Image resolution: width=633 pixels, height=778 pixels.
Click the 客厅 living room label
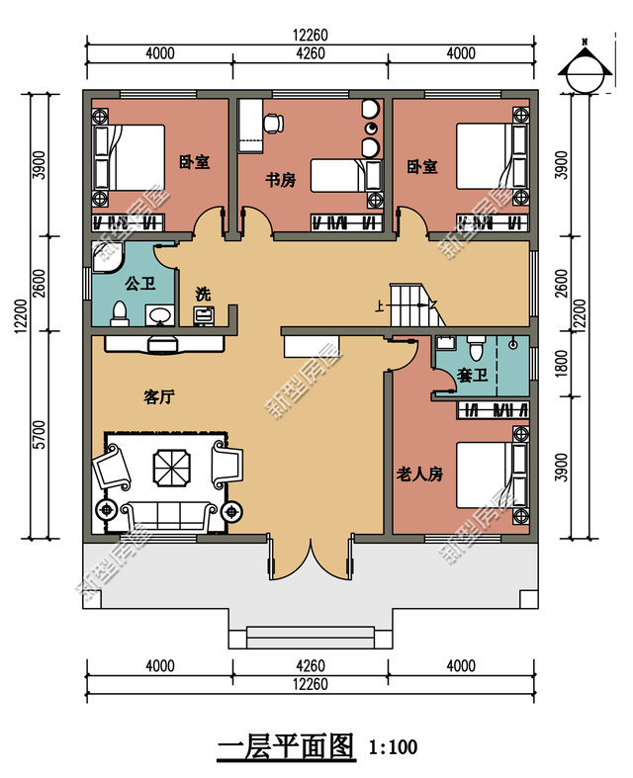pyautogui.click(x=159, y=397)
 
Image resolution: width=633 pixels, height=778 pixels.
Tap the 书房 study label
pyautogui.click(x=281, y=180)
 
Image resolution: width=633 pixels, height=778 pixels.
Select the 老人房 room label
pyautogui.click(x=419, y=475)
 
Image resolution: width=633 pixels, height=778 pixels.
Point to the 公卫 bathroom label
pyautogui.click(x=140, y=284)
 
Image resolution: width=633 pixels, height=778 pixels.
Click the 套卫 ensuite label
pyautogui.click(x=472, y=375)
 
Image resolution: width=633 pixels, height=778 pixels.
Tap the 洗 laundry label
pyautogui.click(x=203, y=294)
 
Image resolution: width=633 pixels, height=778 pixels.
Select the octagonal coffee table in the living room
pyautogui.click(x=171, y=468)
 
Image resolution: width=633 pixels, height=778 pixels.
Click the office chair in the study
pyautogui.click(x=274, y=123)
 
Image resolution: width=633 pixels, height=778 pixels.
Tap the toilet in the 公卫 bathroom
pyautogui.click(x=119, y=313)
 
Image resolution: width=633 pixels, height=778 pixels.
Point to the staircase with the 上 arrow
pyautogui.click(x=414, y=304)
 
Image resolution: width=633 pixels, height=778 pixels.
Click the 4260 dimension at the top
pyautogui.click(x=311, y=53)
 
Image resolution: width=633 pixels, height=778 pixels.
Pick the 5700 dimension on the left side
pyautogui.click(x=40, y=435)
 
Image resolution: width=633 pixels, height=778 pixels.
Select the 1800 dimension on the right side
pyautogui.click(x=561, y=363)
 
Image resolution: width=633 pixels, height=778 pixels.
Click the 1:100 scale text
pyautogui.click(x=393, y=746)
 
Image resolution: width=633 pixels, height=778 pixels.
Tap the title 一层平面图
pyautogui.click(x=287, y=745)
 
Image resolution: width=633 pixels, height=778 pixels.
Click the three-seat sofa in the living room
pyautogui.click(x=169, y=517)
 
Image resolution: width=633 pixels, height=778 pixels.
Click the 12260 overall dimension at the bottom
pyautogui.click(x=311, y=684)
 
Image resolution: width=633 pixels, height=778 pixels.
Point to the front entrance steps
pyautogui.click(x=311, y=638)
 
